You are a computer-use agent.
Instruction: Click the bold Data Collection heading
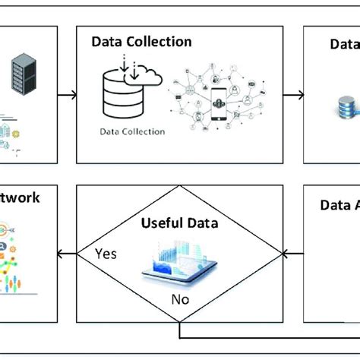pyautogui.click(x=141, y=43)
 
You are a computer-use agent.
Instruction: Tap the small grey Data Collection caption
pyautogui.click(x=132, y=131)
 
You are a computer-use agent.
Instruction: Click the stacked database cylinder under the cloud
pyautogui.click(x=122, y=97)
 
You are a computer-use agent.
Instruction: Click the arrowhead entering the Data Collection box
pyautogui.click(x=73, y=95)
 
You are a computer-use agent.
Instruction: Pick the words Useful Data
pyautogui.click(x=179, y=224)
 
